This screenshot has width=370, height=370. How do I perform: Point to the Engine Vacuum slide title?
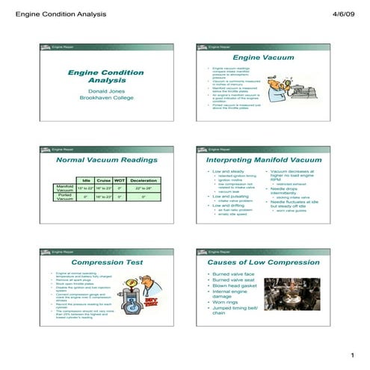261,58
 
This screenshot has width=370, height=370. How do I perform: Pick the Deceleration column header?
143,180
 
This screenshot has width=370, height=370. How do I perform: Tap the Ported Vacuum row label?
65,197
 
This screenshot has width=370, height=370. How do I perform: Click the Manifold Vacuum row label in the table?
65,188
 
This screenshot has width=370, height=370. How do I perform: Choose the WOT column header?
120,180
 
